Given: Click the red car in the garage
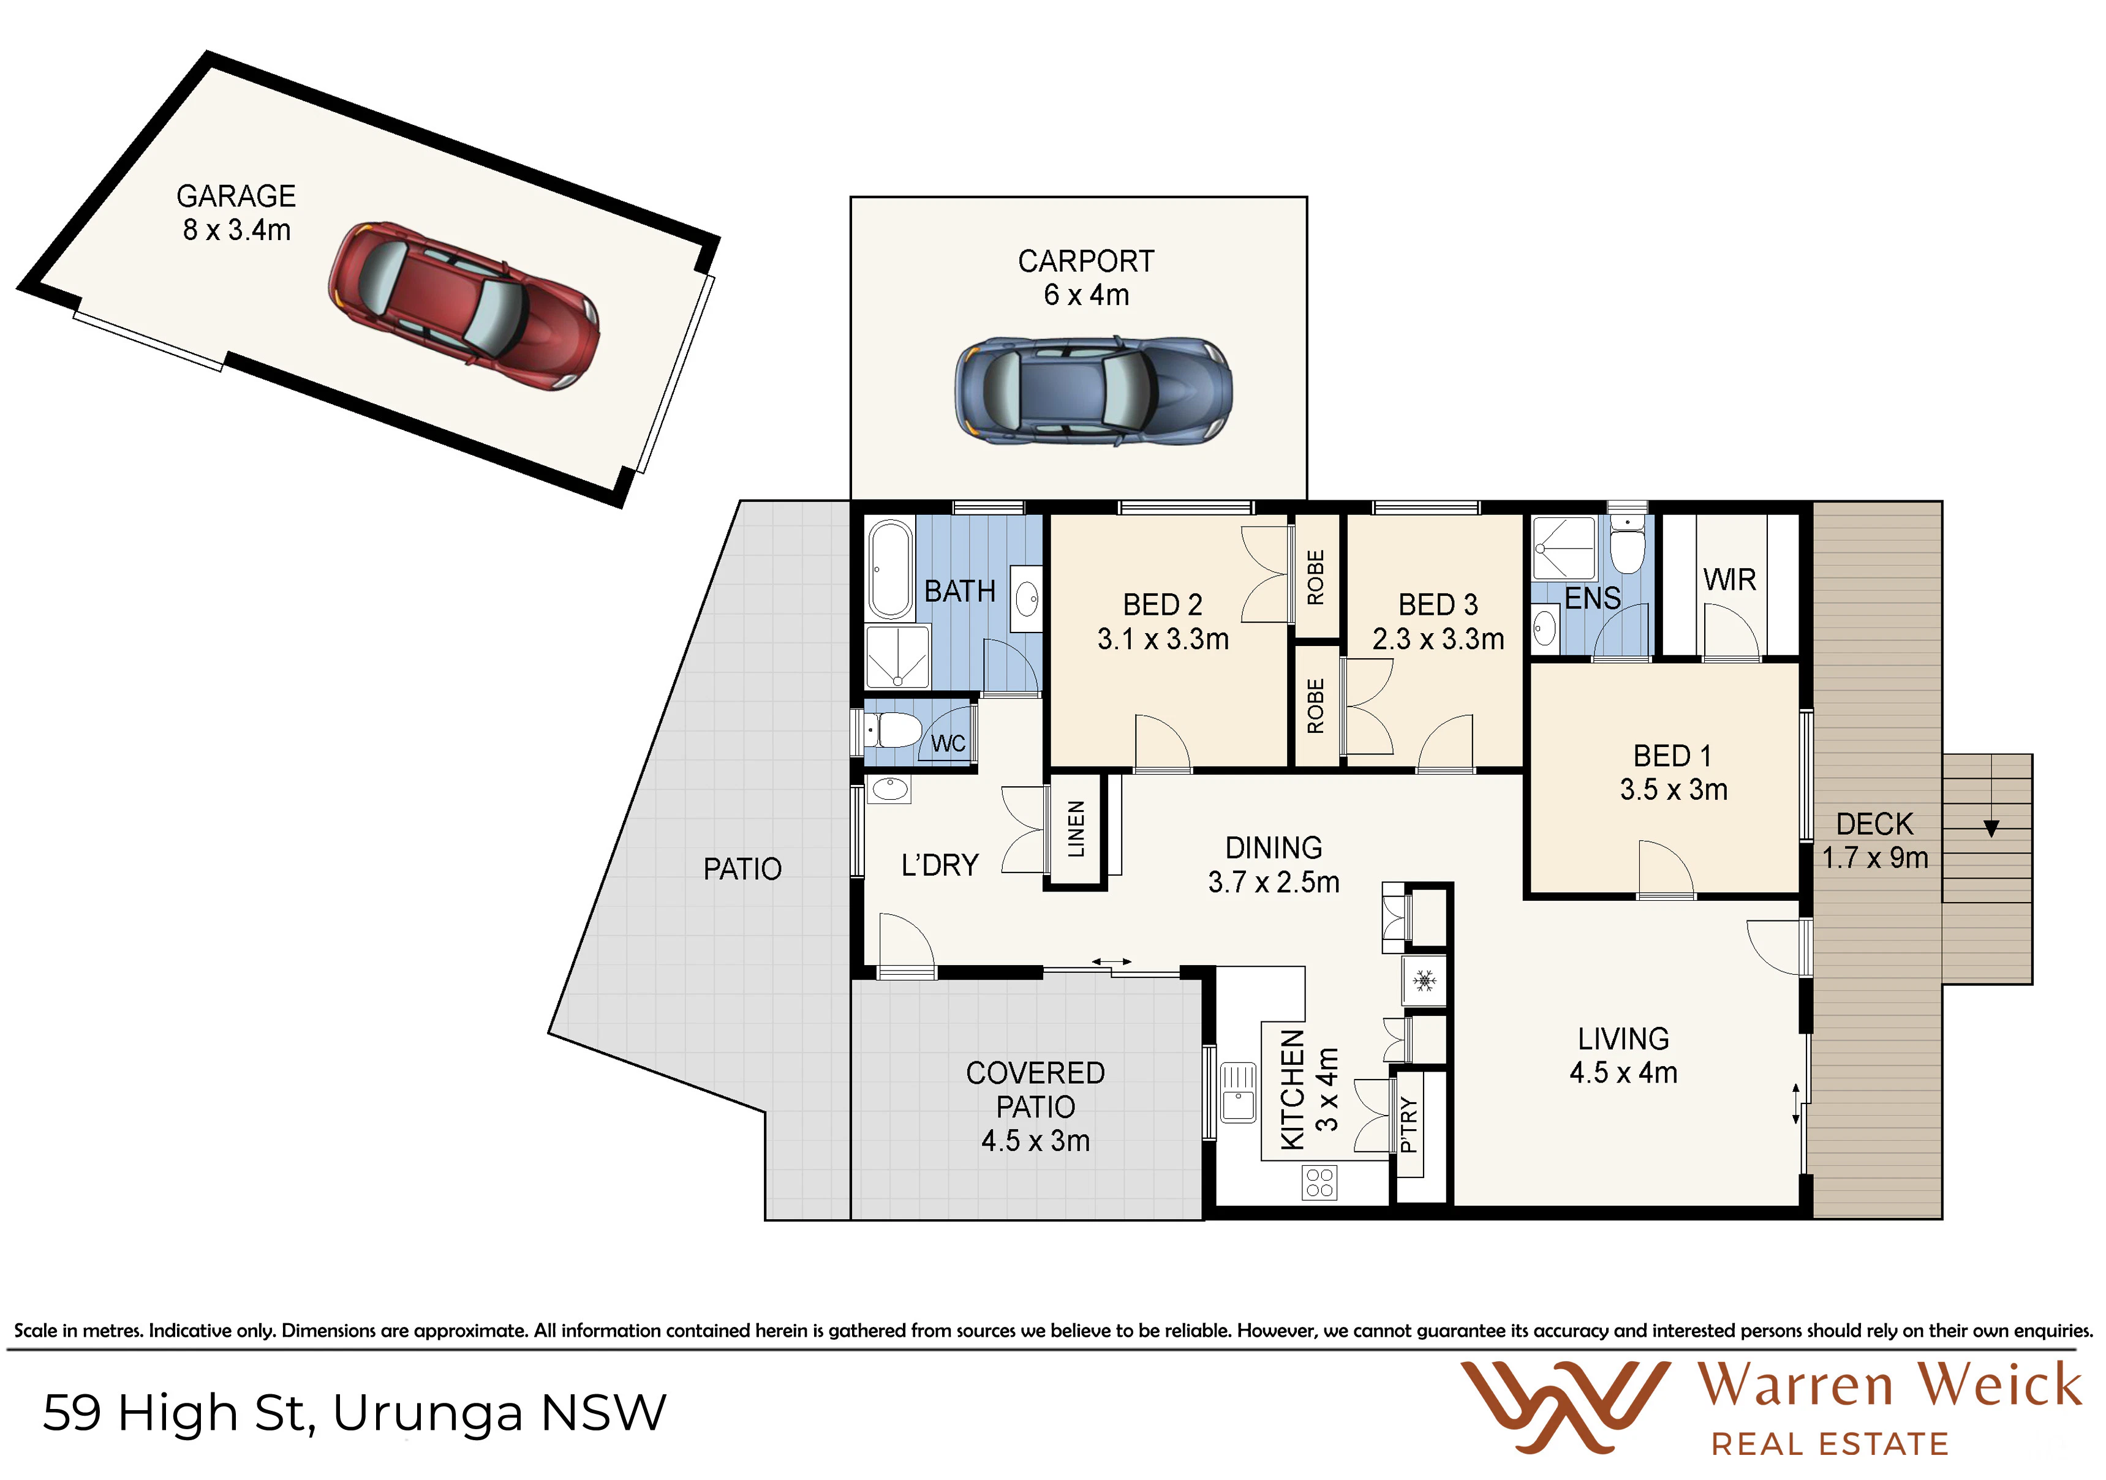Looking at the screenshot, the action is coord(464,306).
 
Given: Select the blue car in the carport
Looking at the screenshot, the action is coord(1093,391).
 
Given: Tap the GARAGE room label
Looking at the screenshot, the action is coord(236,196).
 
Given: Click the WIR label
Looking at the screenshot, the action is coord(1729,579).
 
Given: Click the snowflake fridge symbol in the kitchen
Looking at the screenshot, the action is coord(1424,981).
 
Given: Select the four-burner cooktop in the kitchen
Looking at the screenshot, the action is coord(1319,1183).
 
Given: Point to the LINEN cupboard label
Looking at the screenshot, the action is coord(1076,829).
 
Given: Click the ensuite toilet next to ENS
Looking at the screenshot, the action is coord(1627,544).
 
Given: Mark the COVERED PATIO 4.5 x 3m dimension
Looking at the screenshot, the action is coord(1036,1141).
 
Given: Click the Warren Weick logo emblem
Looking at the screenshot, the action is coord(1564,1408).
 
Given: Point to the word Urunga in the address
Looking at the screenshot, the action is coord(428,1413).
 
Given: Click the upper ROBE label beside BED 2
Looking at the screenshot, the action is coord(1315,577).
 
